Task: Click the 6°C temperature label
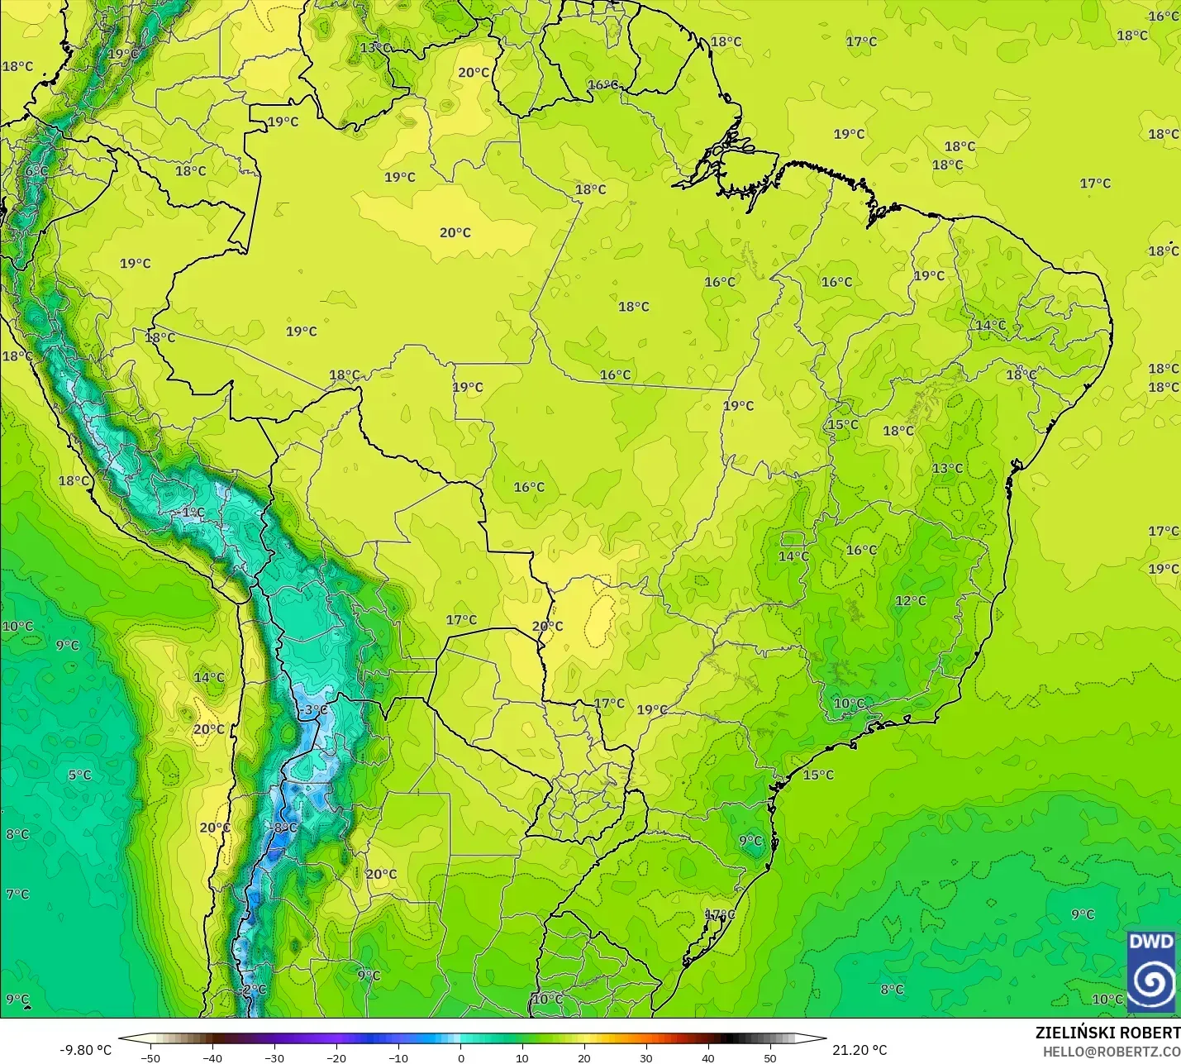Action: point(36,171)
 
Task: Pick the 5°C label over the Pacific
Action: point(79,775)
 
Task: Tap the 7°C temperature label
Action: point(17,894)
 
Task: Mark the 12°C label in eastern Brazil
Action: point(911,601)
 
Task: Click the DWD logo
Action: point(1151,971)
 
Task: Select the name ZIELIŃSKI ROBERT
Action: point(1107,1033)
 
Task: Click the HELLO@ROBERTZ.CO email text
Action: point(1111,1052)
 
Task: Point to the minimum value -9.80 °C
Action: point(85,1050)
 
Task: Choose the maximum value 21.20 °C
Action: point(860,1050)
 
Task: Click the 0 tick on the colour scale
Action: point(460,1057)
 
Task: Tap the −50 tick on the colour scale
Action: point(150,1057)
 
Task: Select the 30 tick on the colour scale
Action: point(645,1057)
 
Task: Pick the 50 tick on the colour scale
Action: point(769,1057)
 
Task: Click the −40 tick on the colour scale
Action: point(212,1057)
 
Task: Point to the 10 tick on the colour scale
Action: point(522,1057)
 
